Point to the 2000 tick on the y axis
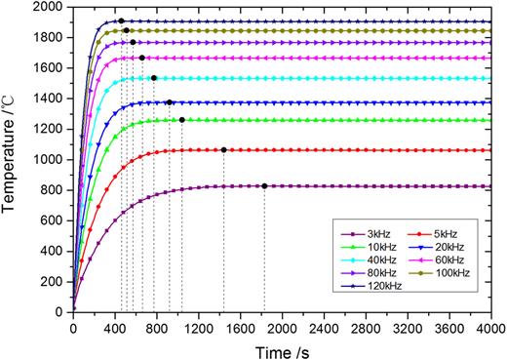(53, 7)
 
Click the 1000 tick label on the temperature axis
(53, 159)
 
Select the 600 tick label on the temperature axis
(57, 220)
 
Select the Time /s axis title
(283, 349)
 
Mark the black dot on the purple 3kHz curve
(264, 186)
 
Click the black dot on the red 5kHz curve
(224, 150)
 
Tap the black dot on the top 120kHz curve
(121, 20)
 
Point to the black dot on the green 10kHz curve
(181, 120)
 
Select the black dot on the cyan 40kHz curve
(154, 78)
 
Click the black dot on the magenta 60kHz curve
(142, 58)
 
